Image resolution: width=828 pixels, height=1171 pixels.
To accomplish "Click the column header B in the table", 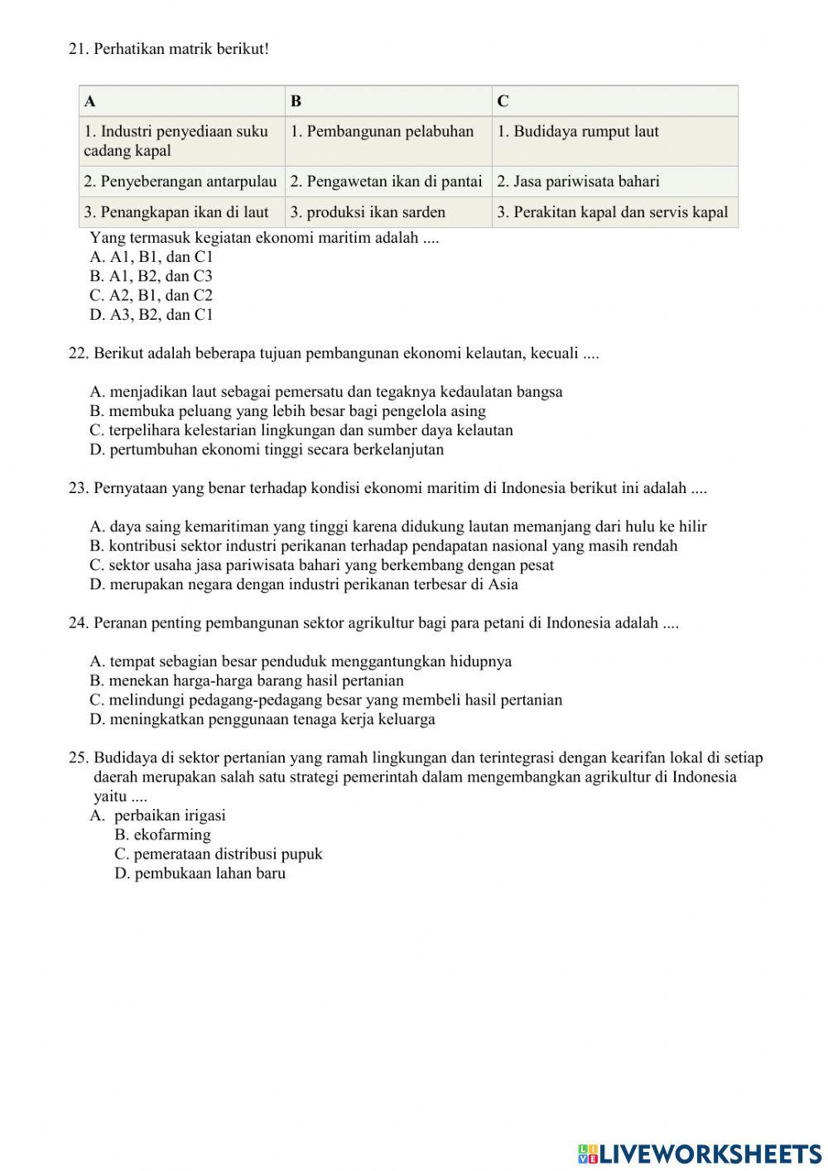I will (x=296, y=101).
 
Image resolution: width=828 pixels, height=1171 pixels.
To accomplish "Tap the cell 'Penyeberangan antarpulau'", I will (x=181, y=181).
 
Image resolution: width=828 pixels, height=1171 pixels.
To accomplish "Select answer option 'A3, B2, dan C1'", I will (x=152, y=315).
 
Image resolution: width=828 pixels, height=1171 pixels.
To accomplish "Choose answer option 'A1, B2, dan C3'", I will (x=152, y=276).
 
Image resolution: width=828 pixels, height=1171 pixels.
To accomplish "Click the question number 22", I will (x=78, y=354).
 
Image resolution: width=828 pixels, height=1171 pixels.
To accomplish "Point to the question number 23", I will (x=78, y=489).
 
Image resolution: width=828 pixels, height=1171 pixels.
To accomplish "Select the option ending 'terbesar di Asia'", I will (x=304, y=584).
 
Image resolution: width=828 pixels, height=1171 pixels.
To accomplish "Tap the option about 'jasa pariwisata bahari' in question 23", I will (x=321, y=565).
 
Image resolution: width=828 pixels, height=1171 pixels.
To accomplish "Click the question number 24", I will (x=78, y=623).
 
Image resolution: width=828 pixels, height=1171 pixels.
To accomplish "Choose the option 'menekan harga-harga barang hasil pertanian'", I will (x=247, y=681).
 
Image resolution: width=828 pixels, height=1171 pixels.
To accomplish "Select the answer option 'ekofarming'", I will (x=163, y=835).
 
